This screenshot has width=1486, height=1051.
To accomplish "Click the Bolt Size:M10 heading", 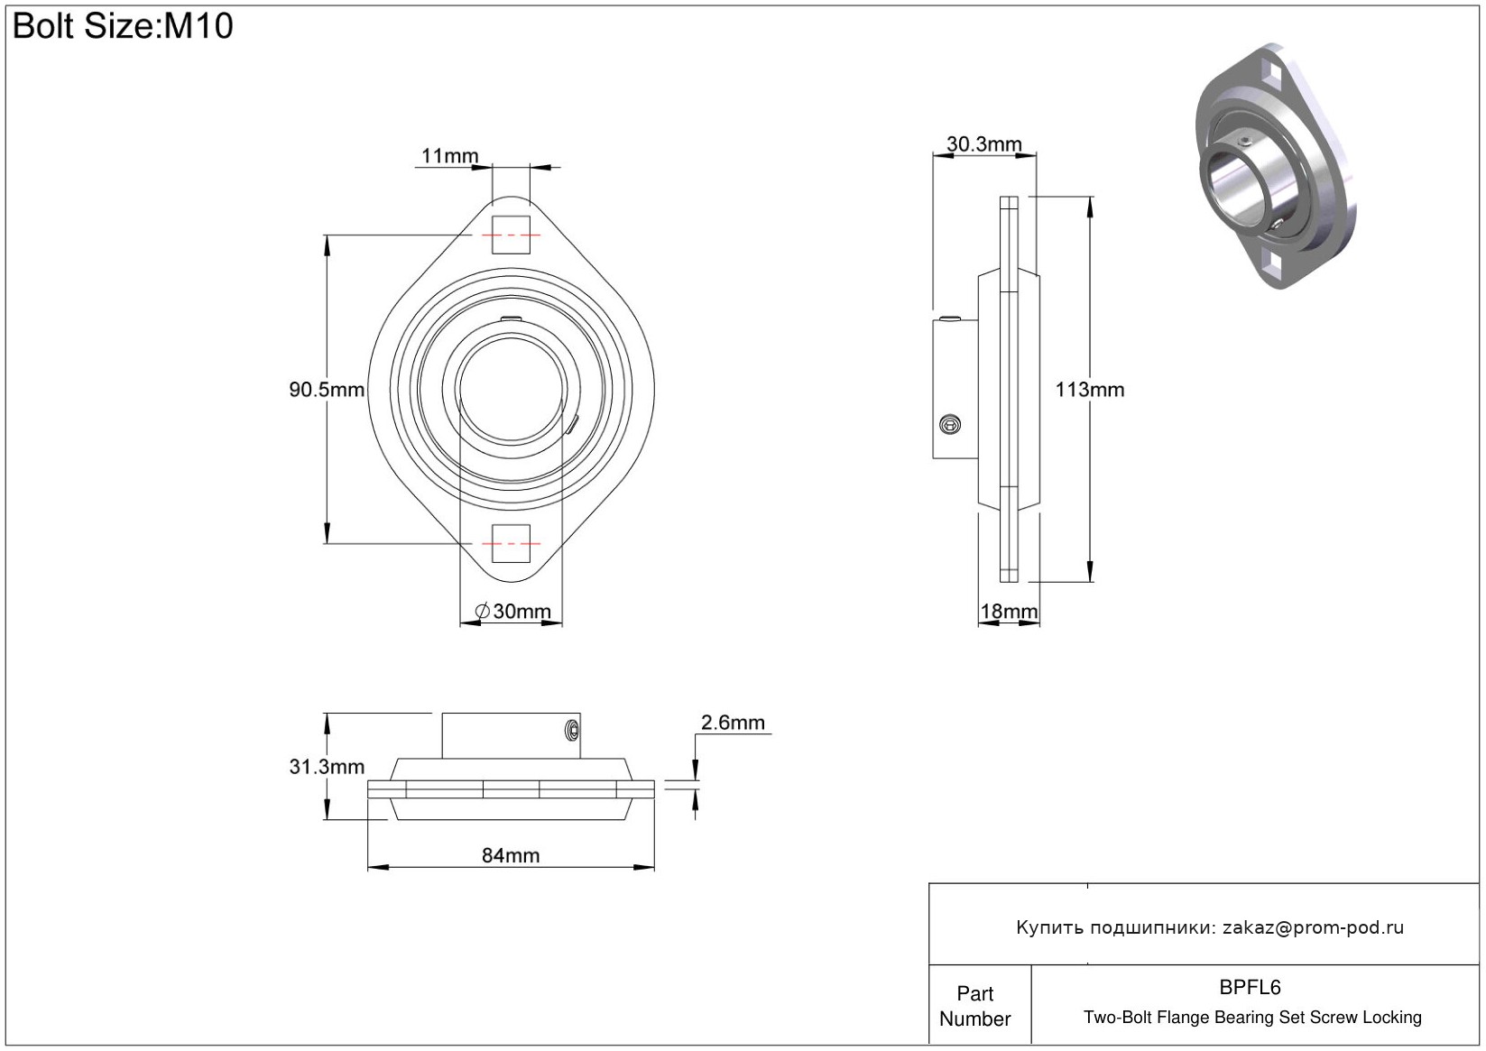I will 123,26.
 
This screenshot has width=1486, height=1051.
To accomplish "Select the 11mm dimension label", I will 449,156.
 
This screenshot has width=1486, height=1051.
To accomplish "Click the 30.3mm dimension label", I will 983,144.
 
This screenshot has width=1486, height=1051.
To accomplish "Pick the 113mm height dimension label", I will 1090,390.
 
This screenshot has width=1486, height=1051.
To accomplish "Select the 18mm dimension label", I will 1009,612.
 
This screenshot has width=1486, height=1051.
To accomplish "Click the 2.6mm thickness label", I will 733,723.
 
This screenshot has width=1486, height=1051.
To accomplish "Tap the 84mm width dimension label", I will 511,855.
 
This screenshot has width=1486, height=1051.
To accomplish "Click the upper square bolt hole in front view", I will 511,235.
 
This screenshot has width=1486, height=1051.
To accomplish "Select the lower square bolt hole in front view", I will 511,543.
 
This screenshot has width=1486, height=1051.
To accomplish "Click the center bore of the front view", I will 511,390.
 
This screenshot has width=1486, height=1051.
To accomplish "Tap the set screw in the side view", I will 949,424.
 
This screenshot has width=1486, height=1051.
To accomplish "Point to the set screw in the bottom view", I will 571,729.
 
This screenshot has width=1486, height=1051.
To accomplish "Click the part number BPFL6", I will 1250,988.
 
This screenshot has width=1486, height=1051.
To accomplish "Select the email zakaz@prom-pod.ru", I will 1313,927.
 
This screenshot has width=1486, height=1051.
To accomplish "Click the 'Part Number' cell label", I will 975,1006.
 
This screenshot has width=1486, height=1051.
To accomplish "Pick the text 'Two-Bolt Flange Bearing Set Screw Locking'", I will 1252,1018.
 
